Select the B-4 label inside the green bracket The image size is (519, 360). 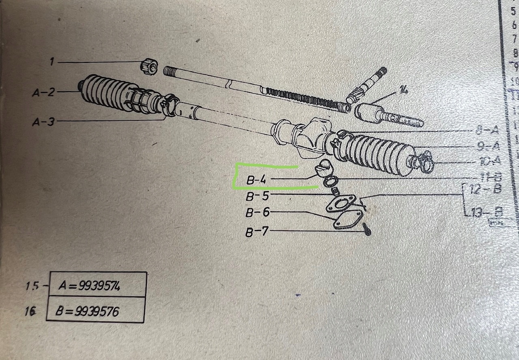(x=256, y=180)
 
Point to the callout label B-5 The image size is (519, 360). (x=257, y=197)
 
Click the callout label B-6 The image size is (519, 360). (x=257, y=212)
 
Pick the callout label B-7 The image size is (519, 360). (x=257, y=232)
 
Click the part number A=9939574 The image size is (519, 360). (x=90, y=286)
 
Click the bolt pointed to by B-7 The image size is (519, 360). (x=367, y=229)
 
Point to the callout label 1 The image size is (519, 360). (x=52, y=62)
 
